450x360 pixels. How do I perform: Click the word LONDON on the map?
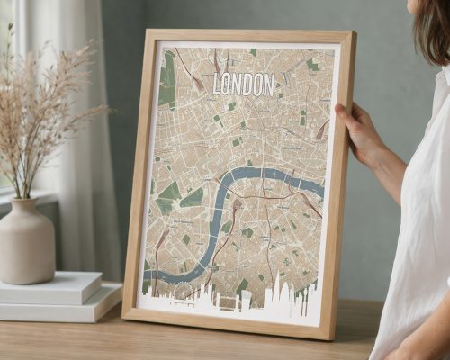click(243, 84)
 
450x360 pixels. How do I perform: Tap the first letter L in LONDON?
click(217, 85)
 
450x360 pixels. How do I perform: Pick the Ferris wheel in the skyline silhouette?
click(182, 292)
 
